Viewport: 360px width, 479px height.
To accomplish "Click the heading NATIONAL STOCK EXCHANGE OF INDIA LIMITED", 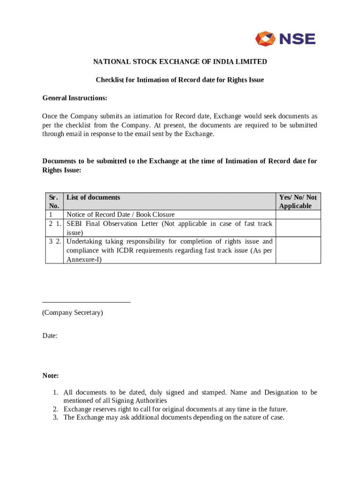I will (180, 62).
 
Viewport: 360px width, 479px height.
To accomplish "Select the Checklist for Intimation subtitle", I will (180, 80).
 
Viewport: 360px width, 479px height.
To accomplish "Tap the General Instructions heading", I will (75, 98).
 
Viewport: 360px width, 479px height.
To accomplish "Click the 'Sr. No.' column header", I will (54, 202).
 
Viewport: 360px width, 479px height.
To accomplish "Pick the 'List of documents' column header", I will (93, 197).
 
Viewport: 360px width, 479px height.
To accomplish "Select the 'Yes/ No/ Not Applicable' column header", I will (298, 202).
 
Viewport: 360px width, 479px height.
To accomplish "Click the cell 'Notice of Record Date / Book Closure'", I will (121, 215).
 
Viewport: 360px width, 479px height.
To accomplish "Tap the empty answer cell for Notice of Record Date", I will (298, 215).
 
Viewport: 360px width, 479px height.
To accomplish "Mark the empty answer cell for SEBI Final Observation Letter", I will (298, 228).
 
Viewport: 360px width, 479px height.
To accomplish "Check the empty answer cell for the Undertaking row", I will (298, 250).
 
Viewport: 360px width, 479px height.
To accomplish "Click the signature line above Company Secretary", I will (86, 302).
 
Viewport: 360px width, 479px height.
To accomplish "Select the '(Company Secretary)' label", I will (72, 312).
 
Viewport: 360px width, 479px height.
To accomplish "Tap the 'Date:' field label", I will (50, 336).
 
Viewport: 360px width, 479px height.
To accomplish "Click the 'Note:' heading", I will (50, 376).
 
